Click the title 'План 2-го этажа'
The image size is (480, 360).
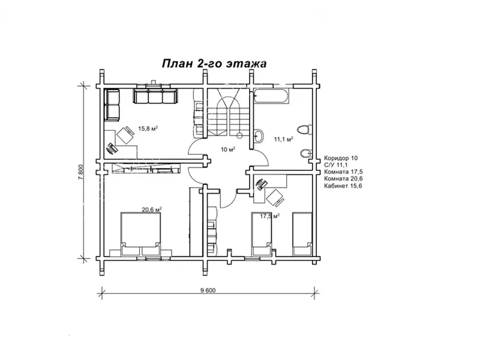click(213, 63)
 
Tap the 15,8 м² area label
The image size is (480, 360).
click(148, 128)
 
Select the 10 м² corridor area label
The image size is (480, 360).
click(227, 149)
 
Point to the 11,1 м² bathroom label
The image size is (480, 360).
click(283, 139)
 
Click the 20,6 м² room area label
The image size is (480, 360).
click(152, 209)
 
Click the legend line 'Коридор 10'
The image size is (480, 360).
click(340, 158)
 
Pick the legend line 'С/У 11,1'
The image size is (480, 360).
click(336, 165)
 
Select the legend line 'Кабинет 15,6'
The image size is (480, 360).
click(343, 187)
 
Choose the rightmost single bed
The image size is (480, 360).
click(302, 233)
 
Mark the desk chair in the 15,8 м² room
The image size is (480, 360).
click(126, 134)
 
